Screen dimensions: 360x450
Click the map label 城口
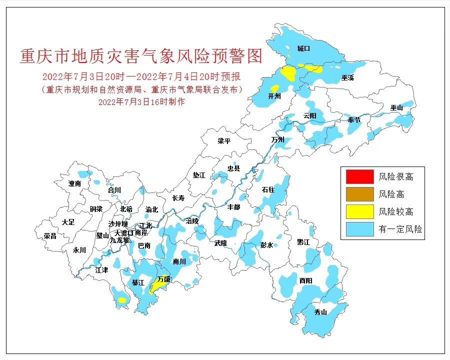tap(303, 48)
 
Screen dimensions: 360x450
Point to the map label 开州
tap(274, 96)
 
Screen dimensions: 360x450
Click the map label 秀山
tap(320, 312)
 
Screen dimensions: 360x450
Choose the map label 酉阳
tap(305, 281)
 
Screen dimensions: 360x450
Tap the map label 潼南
tap(74, 183)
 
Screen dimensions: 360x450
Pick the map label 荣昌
tap(50, 235)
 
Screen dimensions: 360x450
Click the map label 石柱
tap(268, 190)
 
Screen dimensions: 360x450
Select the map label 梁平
tap(224, 141)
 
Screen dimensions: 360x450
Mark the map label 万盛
tap(163, 279)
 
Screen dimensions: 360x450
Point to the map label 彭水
tap(266, 245)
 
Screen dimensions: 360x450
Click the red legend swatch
tap(359, 176)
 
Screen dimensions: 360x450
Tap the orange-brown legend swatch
tap(359, 194)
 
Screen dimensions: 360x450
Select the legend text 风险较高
tap(395, 212)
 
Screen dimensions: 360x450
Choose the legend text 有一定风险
tap(400, 229)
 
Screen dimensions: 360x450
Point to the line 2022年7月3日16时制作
tap(142, 101)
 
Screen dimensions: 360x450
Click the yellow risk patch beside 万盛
tap(156, 287)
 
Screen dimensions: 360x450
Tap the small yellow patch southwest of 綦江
tap(121, 300)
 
